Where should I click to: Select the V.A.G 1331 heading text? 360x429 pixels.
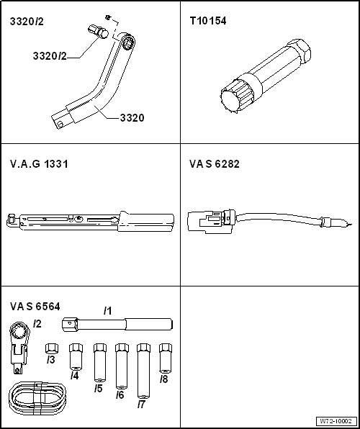[39, 164]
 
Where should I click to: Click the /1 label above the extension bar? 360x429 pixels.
[107, 311]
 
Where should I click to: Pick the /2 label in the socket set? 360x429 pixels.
[37, 324]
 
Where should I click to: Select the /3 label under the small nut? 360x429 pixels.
[50, 359]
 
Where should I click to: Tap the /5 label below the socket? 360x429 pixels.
[99, 388]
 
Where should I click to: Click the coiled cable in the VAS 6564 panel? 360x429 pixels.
[38, 397]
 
